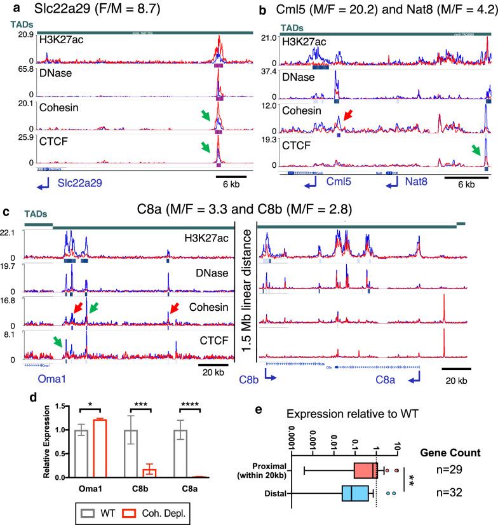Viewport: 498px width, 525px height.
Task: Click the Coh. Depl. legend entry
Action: pyautogui.click(x=149, y=511)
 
